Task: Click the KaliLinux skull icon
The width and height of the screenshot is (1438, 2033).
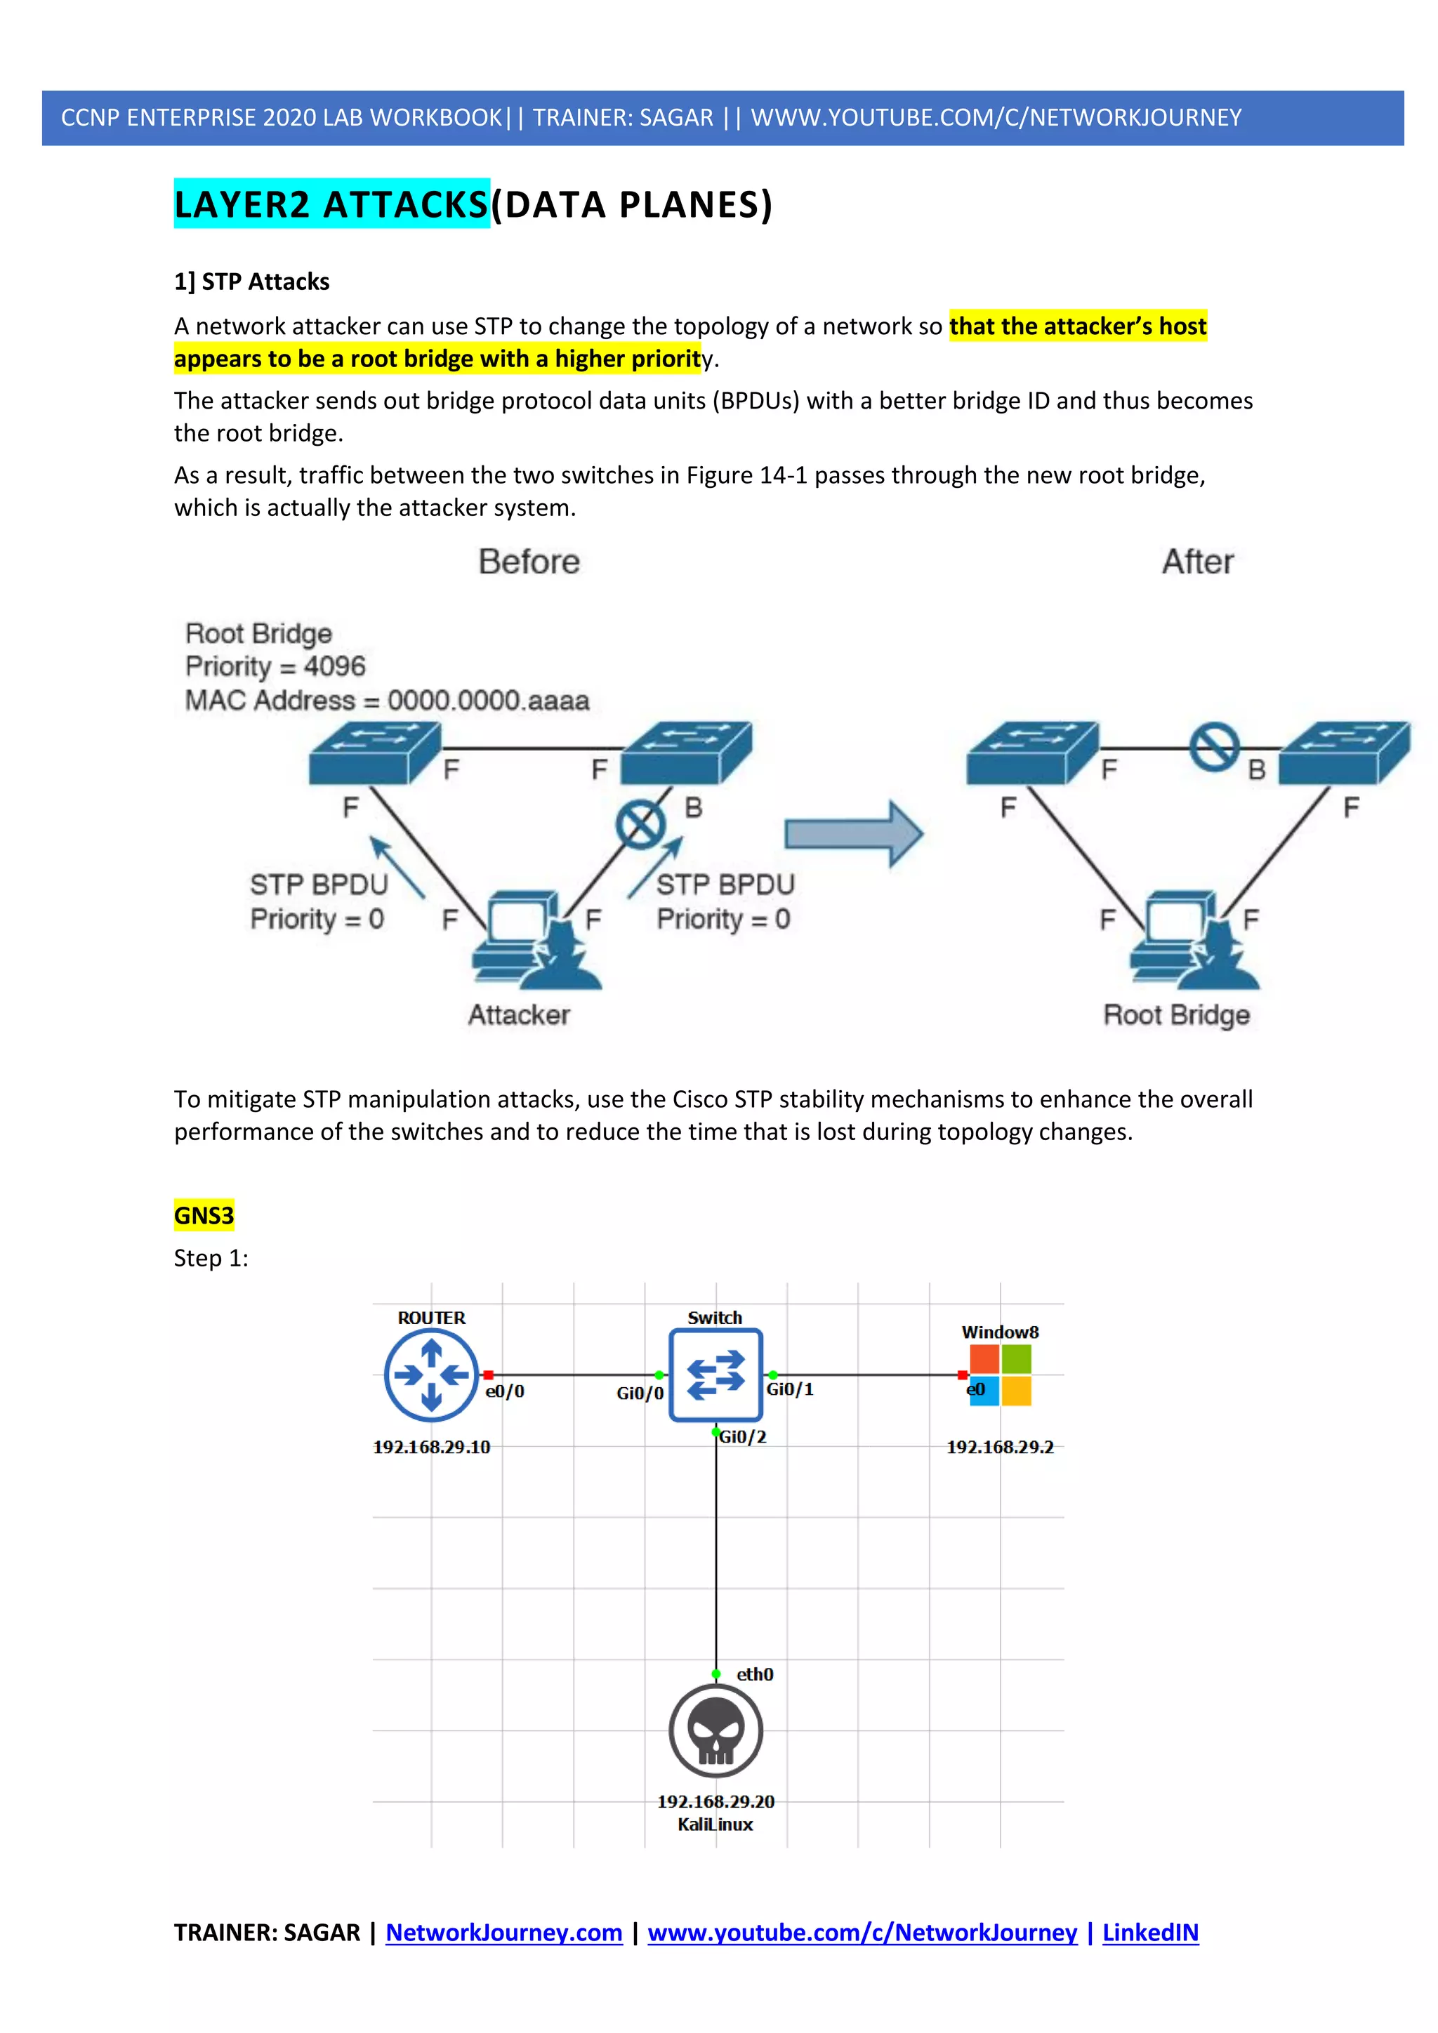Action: pyautogui.click(x=715, y=1730)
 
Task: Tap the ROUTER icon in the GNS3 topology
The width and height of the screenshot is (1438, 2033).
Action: pyautogui.click(x=431, y=1375)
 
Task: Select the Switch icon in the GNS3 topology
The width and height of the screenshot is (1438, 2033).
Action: pyautogui.click(x=715, y=1375)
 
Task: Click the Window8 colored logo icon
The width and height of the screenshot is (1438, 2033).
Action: pyautogui.click(x=1001, y=1375)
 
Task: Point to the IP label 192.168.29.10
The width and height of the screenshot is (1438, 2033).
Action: pyautogui.click(x=431, y=1447)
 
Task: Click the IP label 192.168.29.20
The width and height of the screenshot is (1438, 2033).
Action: pyautogui.click(x=715, y=1801)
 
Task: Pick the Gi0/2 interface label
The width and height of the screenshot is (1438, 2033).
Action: pyautogui.click(x=742, y=1436)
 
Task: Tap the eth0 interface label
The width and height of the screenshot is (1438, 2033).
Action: pyautogui.click(x=754, y=1674)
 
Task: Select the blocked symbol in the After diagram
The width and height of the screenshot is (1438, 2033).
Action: pyautogui.click(x=1214, y=748)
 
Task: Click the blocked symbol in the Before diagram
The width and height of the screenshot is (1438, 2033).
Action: pyautogui.click(x=640, y=824)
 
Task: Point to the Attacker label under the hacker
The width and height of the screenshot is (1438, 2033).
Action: pyautogui.click(x=519, y=1014)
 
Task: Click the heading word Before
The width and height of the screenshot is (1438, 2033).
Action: pyautogui.click(x=529, y=562)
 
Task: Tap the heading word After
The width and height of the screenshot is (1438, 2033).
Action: pyautogui.click(x=1197, y=562)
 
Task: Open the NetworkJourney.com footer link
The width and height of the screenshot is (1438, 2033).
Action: pyautogui.click(x=504, y=1932)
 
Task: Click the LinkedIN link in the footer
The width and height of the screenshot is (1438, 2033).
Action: pyautogui.click(x=1150, y=1932)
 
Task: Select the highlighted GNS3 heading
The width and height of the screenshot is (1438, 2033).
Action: pyautogui.click(x=204, y=1215)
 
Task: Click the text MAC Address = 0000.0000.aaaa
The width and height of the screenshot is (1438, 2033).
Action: pyautogui.click(x=387, y=701)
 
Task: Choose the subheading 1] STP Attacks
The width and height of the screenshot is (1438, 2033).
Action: pyautogui.click(x=251, y=282)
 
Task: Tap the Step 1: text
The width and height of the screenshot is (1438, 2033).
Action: pyautogui.click(x=211, y=1257)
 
